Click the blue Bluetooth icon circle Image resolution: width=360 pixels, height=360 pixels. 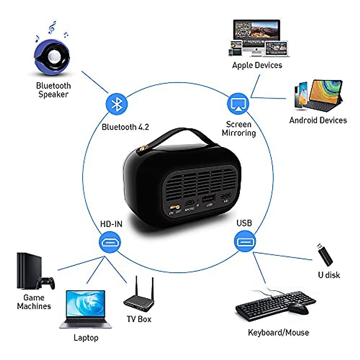[117, 104]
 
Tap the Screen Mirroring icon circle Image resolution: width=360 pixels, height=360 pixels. [238, 104]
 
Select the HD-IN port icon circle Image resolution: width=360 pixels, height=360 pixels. [110, 242]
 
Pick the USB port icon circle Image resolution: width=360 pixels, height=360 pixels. [245, 241]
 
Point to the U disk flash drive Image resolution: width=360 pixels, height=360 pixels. [325, 255]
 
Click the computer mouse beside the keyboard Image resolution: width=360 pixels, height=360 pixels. [298, 308]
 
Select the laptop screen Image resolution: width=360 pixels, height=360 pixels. [85, 303]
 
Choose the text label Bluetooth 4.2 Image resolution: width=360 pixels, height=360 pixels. [125, 127]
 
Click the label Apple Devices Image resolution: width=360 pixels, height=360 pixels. [257, 65]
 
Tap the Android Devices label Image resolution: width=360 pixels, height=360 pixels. [318, 120]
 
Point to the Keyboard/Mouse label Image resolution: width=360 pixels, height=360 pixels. [278, 332]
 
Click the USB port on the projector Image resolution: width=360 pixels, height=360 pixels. [208, 199]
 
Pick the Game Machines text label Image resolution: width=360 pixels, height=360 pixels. [34, 302]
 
